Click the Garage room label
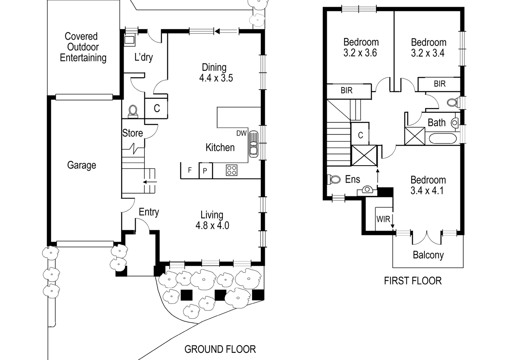pyautogui.click(x=82, y=166)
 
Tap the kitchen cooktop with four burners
pyautogui.click(x=232, y=170)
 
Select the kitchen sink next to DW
pyautogui.click(x=254, y=144)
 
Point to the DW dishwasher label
pyautogui.click(x=242, y=133)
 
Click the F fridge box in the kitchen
pyautogui.click(x=190, y=170)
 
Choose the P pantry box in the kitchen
pyautogui.click(x=206, y=170)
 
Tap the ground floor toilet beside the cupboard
pyautogui.click(x=133, y=112)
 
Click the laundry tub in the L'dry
pyautogui.click(x=129, y=40)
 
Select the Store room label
pyautogui.click(x=132, y=133)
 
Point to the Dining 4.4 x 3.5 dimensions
pyautogui.click(x=216, y=78)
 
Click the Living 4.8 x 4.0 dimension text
pyautogui.click(x=212, y=225)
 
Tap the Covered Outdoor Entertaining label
pyautogui.click(x=83, y=47)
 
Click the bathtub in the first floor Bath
pyautogui.click(x=443, y=138)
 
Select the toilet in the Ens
pyautogui.click(x=334, y=179)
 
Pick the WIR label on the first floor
pyautogui.click(x=383, y=219)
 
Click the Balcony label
pyautogui.click(x=428, y=255)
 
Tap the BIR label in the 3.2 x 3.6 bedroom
pyautogui.click(x=346, y=90)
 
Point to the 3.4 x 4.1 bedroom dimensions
pyautogui.click(x=427, y=191)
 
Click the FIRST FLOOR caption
pyautogui.click(x=413, y=281)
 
